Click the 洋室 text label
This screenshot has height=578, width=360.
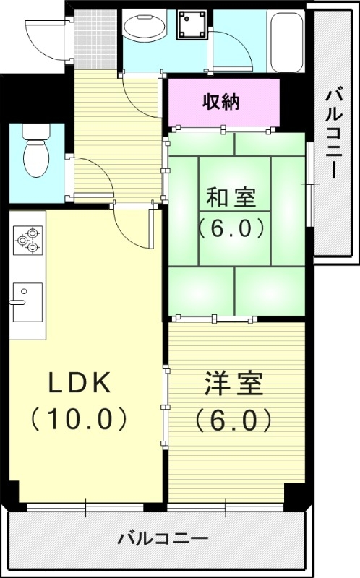pyautogui.click(x=233, y=384)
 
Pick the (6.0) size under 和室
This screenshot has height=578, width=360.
pyautogui.click(x=231, y=228)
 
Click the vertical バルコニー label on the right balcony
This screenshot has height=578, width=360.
pyautogui.click(x=333, y=134)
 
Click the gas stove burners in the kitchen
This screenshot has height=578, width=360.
pyautogui.click(x=28, y=239)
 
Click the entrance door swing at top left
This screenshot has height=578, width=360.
pyautogui.click(x=46, y=35)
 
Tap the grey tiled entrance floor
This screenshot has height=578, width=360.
pyautogui.click(x=95, y=38)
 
